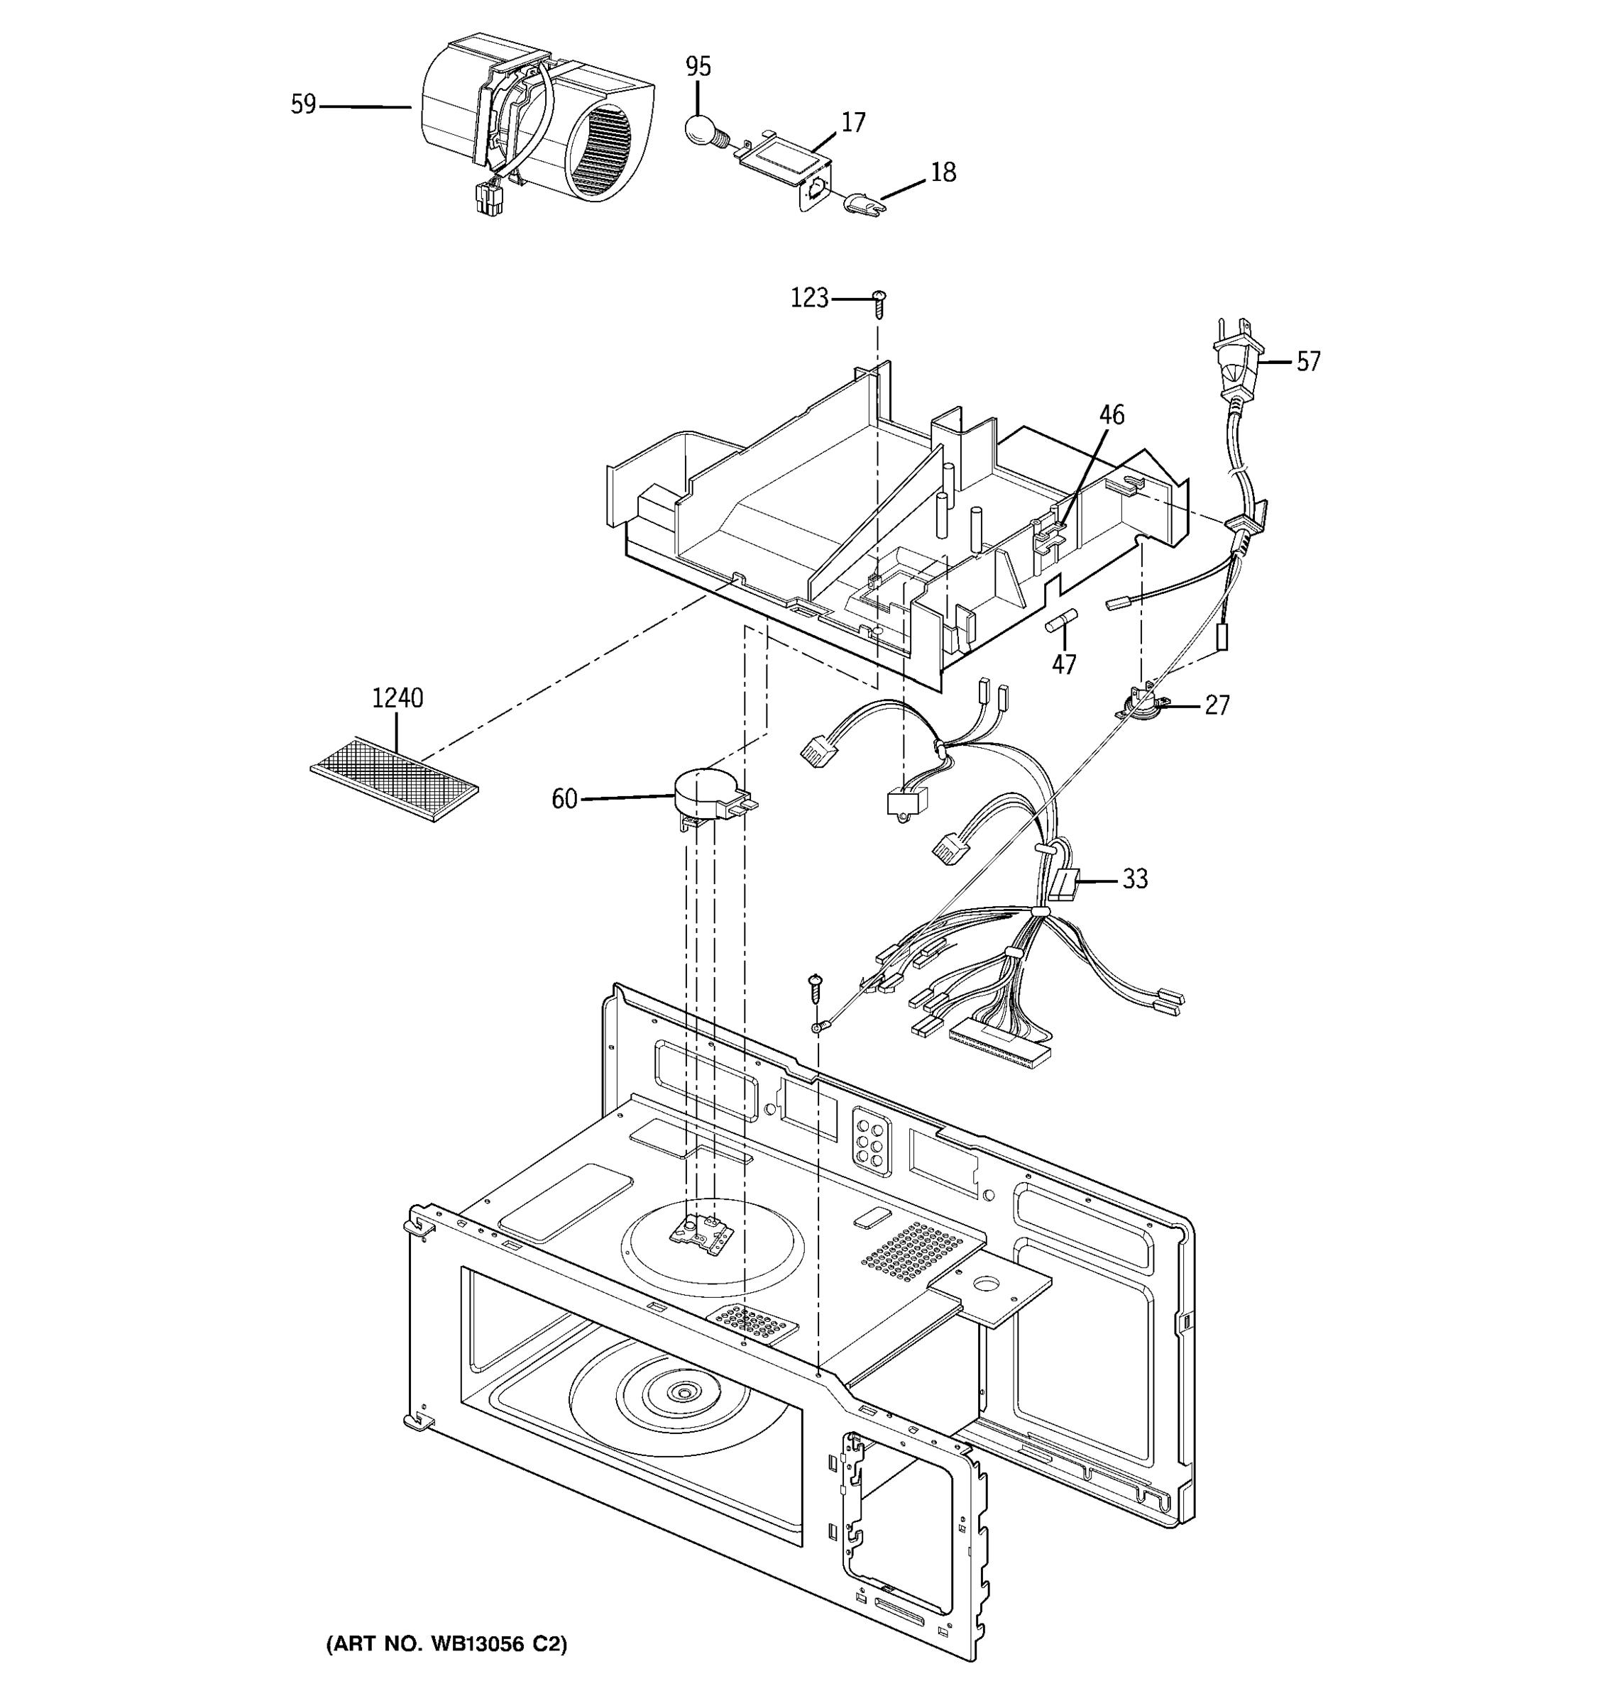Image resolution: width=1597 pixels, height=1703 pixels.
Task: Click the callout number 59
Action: point(303,104)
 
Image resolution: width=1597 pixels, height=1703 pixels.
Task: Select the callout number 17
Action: point(852,123)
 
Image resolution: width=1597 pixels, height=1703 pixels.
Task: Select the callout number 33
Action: point(1134,879)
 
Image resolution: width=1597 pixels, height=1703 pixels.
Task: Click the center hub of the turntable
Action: point(684,1394)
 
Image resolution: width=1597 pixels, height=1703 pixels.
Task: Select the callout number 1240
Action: point(397,698)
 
